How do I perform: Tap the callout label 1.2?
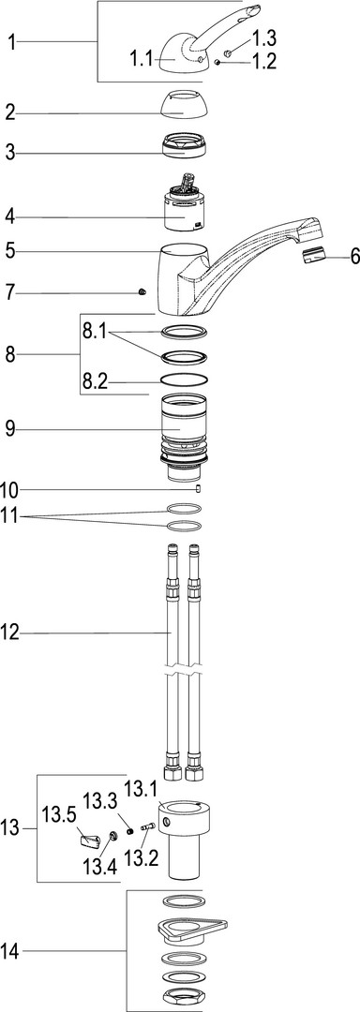[263, 62]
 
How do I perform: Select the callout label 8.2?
[95, 382]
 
